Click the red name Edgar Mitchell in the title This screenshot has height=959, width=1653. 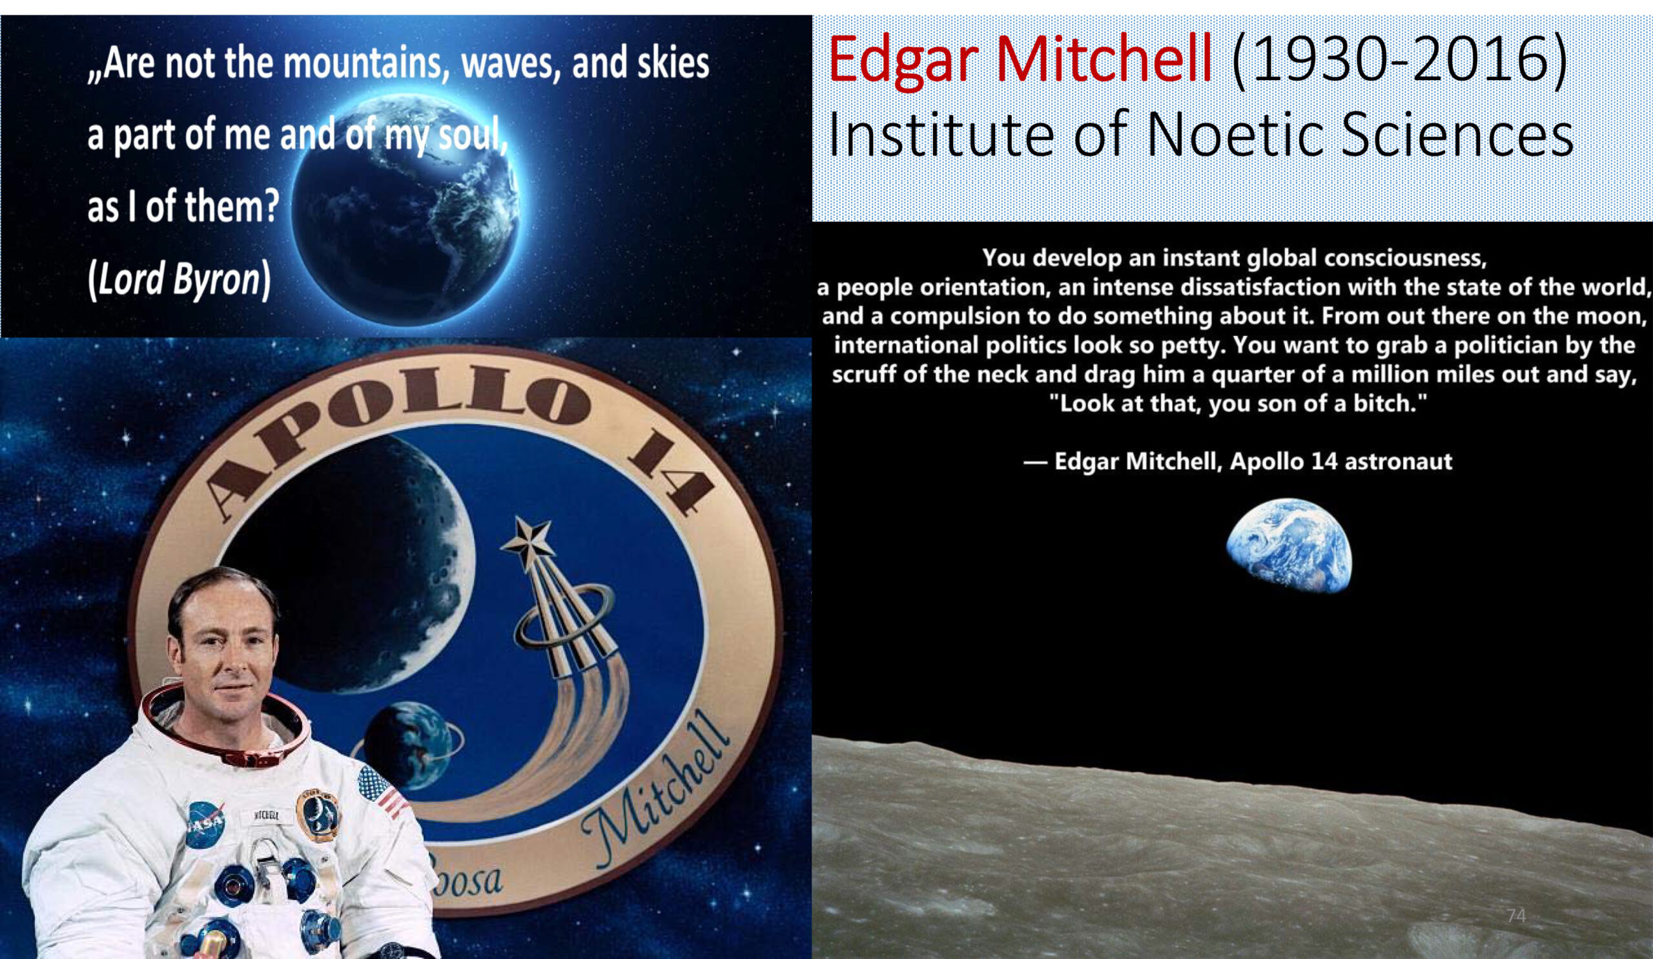click(1020, 60)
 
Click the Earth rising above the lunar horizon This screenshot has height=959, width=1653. click(1289, 545)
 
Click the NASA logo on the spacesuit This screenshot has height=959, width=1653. click(205, 824)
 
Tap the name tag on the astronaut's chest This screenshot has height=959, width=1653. click(266, 817)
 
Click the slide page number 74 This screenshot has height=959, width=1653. click(1516, 916)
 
